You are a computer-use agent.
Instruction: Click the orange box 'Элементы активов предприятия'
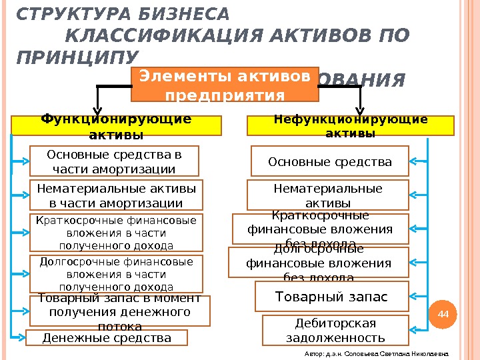pyautogui.click(x=225, y=84)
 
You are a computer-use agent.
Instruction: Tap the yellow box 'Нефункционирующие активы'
pyautogui.click(x=351, y=125)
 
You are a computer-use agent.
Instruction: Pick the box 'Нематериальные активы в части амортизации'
pyautogui.click(x=117, y=195)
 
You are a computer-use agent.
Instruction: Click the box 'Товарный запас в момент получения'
pyautogui.click(x=119, y=311)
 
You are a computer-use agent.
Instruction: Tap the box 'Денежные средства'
pyautogui.click(x=107, y=338)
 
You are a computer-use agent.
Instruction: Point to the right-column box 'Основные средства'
pyautogui.click(x=329, y=162)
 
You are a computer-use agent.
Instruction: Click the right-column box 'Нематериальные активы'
pyautogui.click(x=328, y=195)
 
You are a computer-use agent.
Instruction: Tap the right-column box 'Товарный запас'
pyautogui.click(x=331, y=297)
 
